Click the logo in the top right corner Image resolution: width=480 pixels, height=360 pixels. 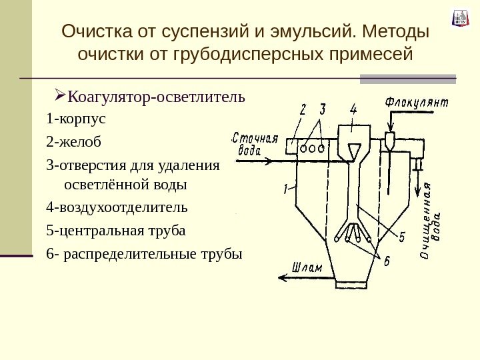coord(460,18)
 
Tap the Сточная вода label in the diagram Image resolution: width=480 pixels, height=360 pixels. coord(255,144)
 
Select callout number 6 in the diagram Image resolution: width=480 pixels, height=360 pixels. coord(387,261)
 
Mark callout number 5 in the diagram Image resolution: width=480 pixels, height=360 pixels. coord(402,236)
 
